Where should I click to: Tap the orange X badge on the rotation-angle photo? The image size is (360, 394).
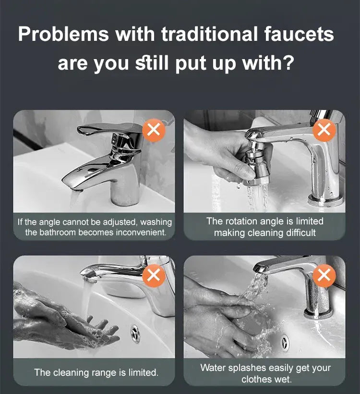(x=324, y=130)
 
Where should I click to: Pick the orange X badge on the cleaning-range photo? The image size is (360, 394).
(x=154, y=275)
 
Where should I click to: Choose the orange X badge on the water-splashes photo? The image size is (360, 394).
(x=324, y=275)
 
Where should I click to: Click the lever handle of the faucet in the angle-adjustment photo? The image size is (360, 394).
(x=106, y=130)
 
